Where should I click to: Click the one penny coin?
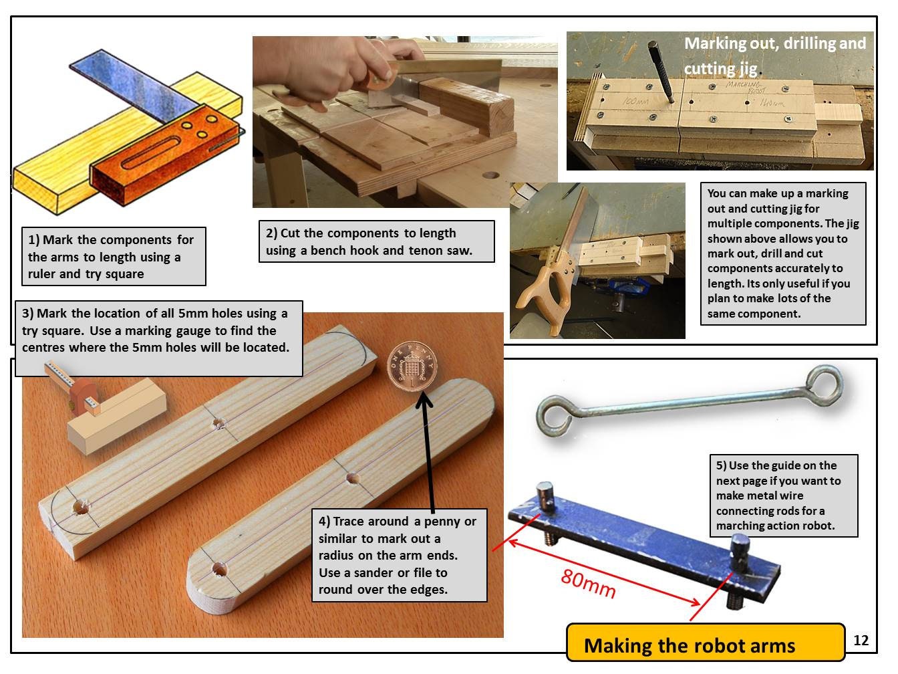coord(412,366)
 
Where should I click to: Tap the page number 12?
coord(861,640)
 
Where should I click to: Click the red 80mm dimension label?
coord(588,584)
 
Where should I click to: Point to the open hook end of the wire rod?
coord(553,417)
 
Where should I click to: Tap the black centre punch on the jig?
coord(659,71)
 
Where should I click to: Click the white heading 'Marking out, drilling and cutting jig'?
coord(775,55)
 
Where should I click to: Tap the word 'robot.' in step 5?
coord(814,526)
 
